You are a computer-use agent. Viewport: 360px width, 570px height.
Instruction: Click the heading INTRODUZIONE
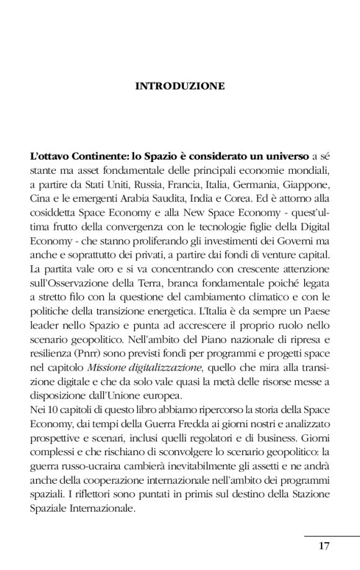point(180,86)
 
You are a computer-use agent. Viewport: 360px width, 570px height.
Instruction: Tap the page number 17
point(324,546)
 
